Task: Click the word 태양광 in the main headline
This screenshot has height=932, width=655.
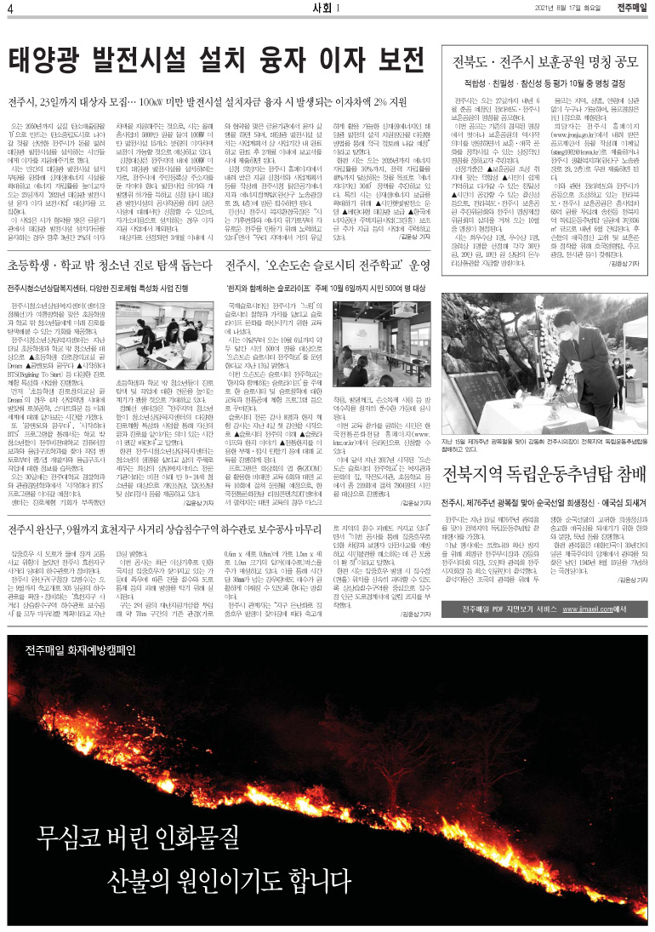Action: click(48, 62)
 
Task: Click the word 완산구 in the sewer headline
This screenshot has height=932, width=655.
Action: click(77, 529)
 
